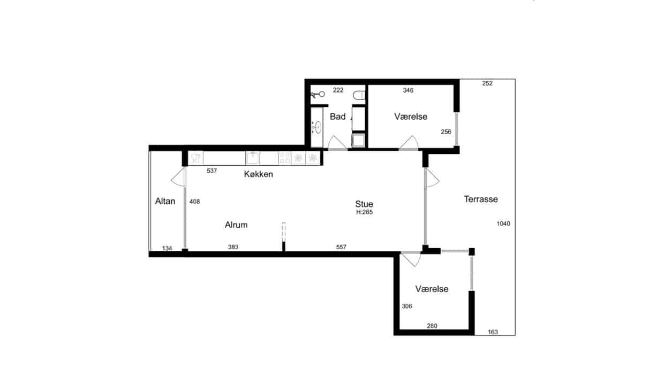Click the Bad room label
pos(338,117)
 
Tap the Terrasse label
pos(481,199)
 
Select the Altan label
pos(165,201)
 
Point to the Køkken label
pos(259,174)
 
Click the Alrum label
pos(236,225)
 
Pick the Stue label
pos(364,204)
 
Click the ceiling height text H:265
pos(364,212)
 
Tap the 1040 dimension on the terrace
pos(503,224)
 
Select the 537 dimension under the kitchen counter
pos(212,171)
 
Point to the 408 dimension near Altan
pos(195,202)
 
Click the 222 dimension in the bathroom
pos(338,90)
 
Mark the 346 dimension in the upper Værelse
pos(408,90)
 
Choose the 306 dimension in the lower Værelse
pos(407,306)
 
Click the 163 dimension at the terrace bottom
pos(493,332)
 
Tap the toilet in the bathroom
pos(359,95)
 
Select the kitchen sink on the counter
pos(253,158)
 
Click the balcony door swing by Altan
pos(178,176)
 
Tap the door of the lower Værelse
pos(411,259)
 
